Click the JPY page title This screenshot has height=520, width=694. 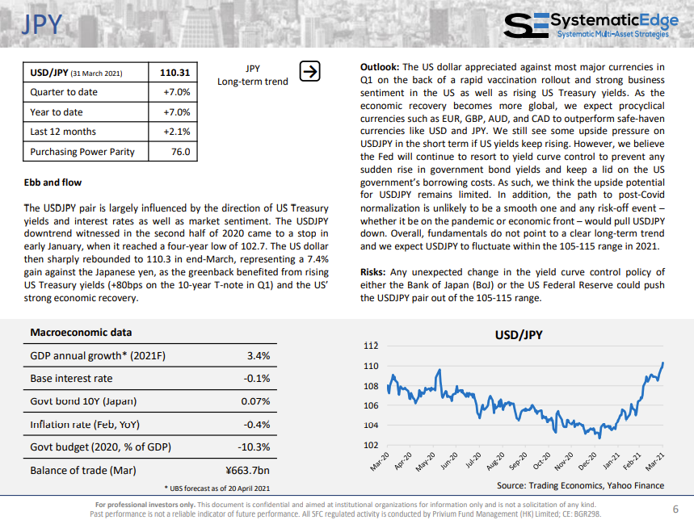point(42,24)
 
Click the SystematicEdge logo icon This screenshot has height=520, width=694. point(526,25)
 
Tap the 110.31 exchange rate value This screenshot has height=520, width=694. point(175,73)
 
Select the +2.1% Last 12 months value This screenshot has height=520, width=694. point(177,132)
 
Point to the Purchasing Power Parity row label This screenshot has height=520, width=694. point(82,152)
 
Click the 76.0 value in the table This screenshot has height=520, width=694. point(181,152)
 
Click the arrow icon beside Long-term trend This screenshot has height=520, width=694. point(309,71)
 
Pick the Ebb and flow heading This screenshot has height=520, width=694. point(53,182)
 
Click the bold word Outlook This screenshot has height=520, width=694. point(380,67)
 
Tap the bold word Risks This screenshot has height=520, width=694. point(372,272)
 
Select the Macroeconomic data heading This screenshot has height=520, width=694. point(81,333)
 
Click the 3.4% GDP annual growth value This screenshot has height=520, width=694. point(259,355)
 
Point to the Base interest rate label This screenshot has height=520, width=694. point(71,379)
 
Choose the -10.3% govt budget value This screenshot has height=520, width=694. point(254,447)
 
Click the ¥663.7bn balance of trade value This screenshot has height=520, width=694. point(247,470)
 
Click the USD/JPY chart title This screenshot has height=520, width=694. point(519,335)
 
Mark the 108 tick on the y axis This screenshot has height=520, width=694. point(371,386)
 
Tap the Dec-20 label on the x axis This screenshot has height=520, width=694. point(588,461)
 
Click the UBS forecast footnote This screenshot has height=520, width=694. point(217,489)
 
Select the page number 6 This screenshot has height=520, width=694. point(675,509)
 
